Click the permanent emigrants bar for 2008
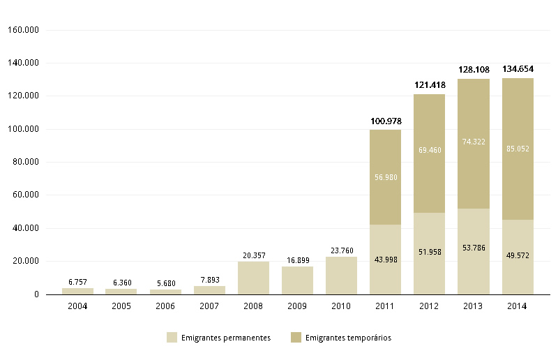click(x=253, y=278)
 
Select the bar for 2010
click(x=341, y=276)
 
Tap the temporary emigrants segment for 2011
click(x=386, y=177)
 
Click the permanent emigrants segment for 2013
click(x=474, y=251)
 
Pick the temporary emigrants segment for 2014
click(x=518, y=149)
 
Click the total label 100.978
click(x=386, y=121)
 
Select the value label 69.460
click(x=430, y=150)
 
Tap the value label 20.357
click(x=253, y=255)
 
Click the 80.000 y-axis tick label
click(x=23, y=162)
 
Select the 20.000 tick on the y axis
click(x=23, y=261)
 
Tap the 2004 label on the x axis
click(x=77, y=306)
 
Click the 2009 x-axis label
click(x=297, y=306)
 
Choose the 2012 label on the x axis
click(x=430, y=306)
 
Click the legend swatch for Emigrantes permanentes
click(x=172, y=338)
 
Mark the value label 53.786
click(x=474, y=247)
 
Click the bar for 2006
click(x=165, y=292)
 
